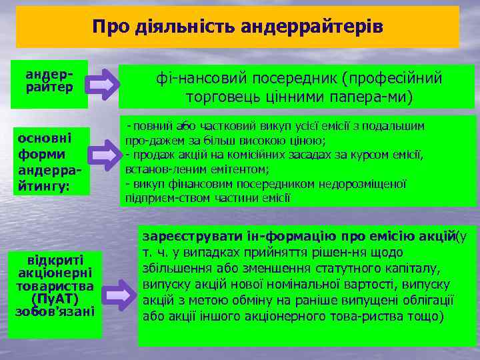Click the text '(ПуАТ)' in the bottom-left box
[55, 298]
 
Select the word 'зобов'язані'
[55, 311]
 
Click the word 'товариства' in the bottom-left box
[55, 285]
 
